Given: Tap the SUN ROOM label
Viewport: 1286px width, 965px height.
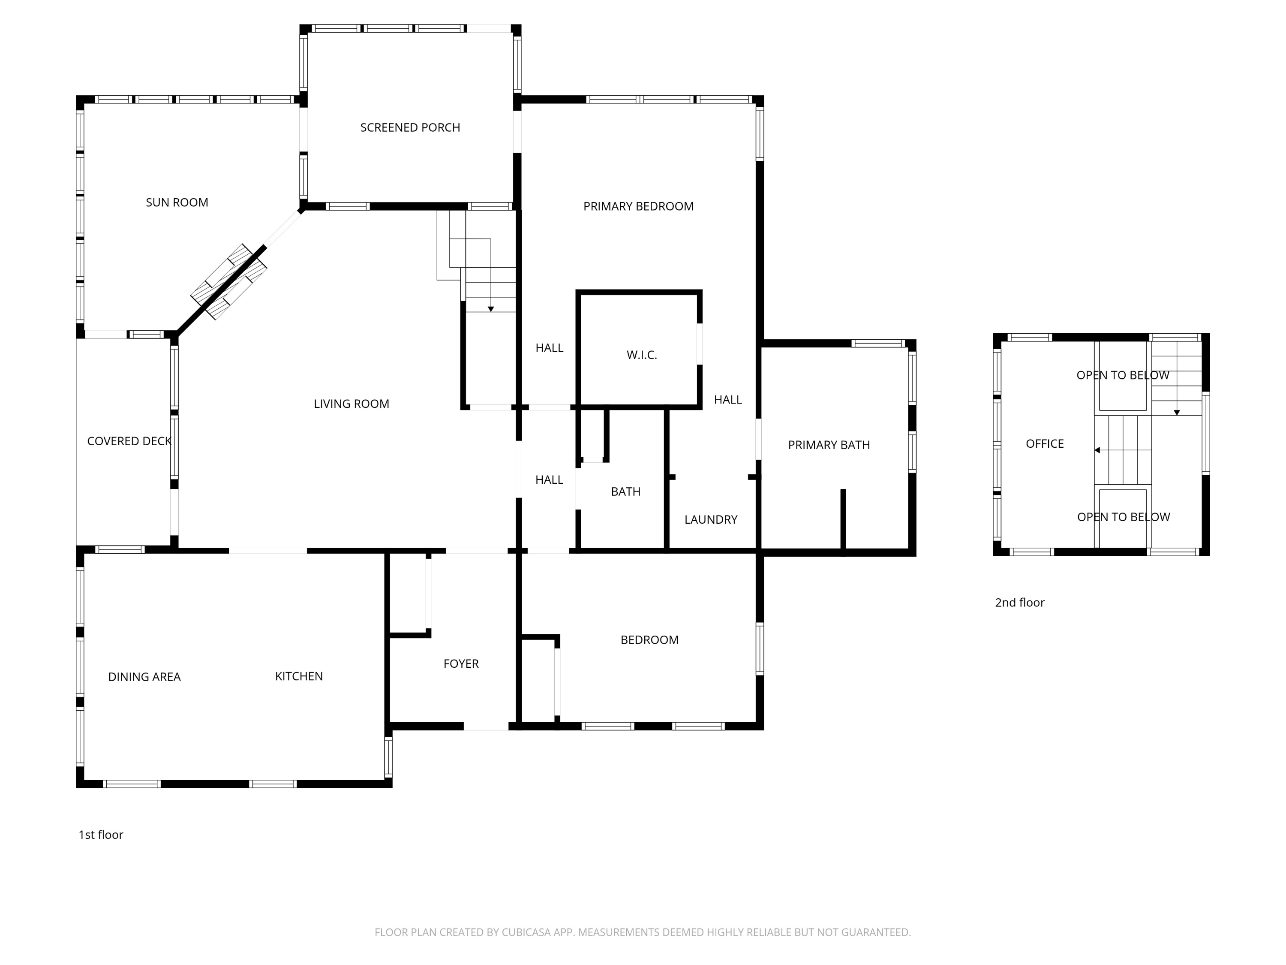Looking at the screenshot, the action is pyautogui.click(x=177, y=202).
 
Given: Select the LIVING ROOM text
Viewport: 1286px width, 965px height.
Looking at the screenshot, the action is pyautogui.click(x=351, y=404).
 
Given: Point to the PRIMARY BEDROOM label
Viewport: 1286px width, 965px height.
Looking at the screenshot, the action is pyautogui.click(x=638, y=206).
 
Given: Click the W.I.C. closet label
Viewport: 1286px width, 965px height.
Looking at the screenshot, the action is pyautogui.click(x=642, y=355).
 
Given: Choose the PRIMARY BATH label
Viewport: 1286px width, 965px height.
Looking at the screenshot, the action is pyautogui.click(x=829, y=445).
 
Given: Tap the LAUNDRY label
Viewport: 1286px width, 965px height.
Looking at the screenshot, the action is pyautogui.click(x=711, y=519).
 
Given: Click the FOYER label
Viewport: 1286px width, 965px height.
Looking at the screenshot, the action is pyautogui.click(x=461, y=663).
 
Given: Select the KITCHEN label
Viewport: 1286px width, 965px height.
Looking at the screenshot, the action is pyautogui.click(x=299, y=676).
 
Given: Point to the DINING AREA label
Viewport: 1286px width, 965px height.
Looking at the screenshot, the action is pyautogui.click(x=144, y=676).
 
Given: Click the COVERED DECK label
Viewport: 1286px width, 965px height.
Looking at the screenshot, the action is pyautogui.click(x=129, y=441).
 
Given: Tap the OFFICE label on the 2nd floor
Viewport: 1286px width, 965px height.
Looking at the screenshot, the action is pyautogui.click(x=1045, y=444).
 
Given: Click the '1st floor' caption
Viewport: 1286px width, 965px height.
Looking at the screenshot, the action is pyautogui.click(x=101, y=835).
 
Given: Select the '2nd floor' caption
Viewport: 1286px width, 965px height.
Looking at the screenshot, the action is pyautogui.click(x=1020, y=603).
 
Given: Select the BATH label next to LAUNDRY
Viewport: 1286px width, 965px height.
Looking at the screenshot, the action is pyautogui.click(x=625, y=492).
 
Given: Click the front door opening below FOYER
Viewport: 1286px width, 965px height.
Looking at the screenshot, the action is pyautogui.click(x=486, y=726).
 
